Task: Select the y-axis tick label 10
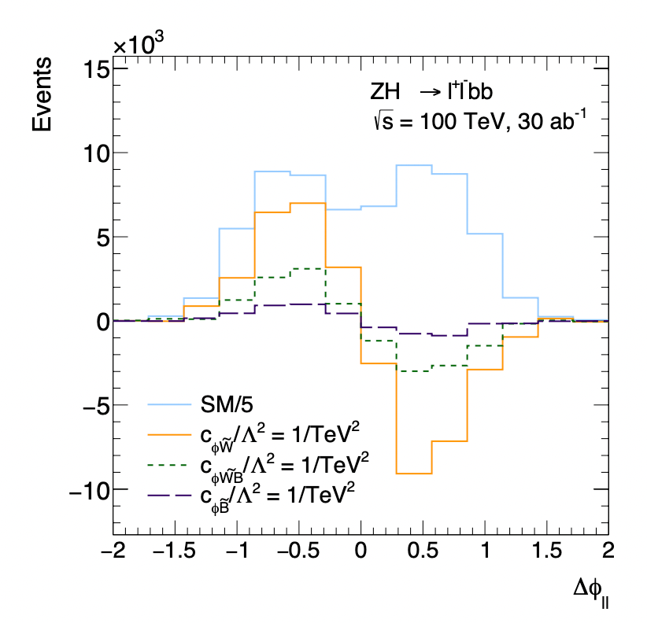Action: tap(92, 153)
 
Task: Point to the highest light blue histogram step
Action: tap(414, 165)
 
